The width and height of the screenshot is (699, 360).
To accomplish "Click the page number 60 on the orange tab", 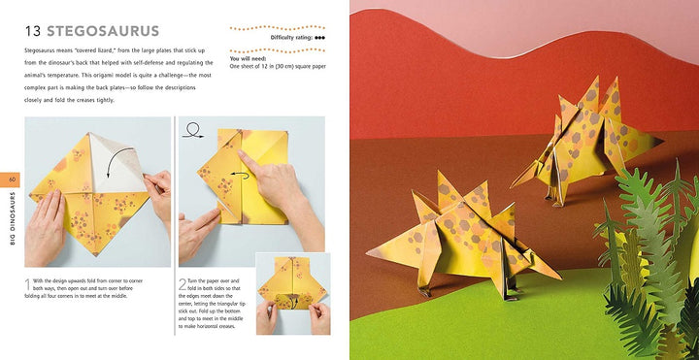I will coord(13,180).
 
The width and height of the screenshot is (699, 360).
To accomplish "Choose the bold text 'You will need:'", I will coord(249,57).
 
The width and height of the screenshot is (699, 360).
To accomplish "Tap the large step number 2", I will coord(183,284).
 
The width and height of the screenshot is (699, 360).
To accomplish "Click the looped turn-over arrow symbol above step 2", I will coord(192,127).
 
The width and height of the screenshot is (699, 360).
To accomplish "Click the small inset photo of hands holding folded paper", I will coord(292,294).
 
